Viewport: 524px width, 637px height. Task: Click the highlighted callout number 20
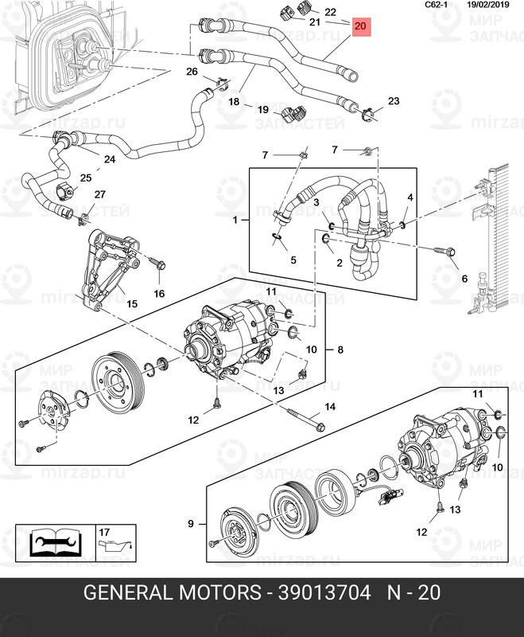[360, 27]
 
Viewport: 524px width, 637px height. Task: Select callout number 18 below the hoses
[234, 103]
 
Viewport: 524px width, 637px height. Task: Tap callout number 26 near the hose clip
[192, 72]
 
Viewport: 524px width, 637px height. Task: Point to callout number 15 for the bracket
[132, 304]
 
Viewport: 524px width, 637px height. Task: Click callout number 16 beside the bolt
[158, 294]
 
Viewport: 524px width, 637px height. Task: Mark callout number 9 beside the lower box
[190, 524]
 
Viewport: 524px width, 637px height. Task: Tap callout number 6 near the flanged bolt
[464, 279]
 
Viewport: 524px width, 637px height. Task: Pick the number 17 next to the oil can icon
[104, 531]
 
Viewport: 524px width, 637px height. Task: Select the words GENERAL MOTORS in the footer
[173, 593]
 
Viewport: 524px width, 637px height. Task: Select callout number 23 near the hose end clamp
[394, 101]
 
